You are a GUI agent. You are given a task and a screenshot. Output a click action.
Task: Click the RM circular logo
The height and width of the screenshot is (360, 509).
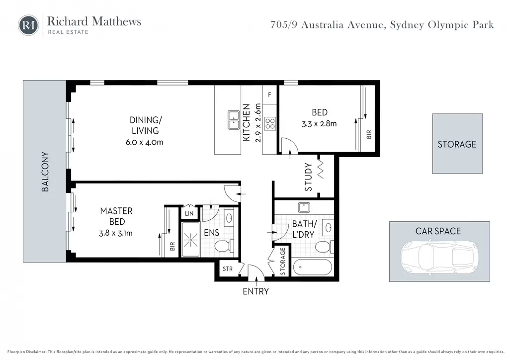pyautogui.click(x=28, y=25)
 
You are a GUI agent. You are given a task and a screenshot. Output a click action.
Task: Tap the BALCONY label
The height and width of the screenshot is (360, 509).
pyautogui.click(x=45, y=172)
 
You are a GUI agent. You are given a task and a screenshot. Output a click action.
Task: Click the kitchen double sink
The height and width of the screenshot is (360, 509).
pyautogui.click(x=234, y=120)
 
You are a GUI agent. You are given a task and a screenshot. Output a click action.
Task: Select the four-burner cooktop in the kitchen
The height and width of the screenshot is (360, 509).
pyautogui.click(x=270, y=124)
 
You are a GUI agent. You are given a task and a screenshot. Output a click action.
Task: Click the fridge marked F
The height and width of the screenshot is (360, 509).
pyautogui.click(x=269, y=95)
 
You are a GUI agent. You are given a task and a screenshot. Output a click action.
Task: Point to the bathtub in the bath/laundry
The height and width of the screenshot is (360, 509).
pyautogui.click(x=313, y=267)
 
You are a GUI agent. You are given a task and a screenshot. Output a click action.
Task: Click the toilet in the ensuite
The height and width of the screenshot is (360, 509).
pyautogui.click(x=224, y=246)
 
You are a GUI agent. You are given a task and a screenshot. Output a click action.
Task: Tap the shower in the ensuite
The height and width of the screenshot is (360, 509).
pyautogui.click(x=190, y=240)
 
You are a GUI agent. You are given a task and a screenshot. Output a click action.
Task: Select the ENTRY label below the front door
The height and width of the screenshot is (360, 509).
pyautogui.click(x=256, y=291)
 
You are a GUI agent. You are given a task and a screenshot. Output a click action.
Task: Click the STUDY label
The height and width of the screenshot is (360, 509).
pyautogui.click(x=308, y=177)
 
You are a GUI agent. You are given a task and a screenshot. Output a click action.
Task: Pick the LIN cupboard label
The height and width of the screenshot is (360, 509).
pyautogui.click(x=189, y=213)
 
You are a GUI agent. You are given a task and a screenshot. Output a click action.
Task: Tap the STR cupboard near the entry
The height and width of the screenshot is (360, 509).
pyautogui.click(x=228, y=269)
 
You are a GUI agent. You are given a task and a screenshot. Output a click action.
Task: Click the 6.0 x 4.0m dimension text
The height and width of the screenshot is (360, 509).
pyautogui.click(x=145, y=142)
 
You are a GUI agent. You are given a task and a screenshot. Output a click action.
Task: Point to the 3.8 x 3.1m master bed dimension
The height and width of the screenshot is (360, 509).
pyautogui.click(x=116, y=233)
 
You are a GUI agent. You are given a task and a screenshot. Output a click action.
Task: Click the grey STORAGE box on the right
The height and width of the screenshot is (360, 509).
pyautogui.click(x=457, y=144)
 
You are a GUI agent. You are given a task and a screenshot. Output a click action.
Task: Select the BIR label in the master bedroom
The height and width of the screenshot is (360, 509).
pyautogui.click(x=172, y=247)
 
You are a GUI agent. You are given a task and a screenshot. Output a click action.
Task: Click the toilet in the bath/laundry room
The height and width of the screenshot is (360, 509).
pyautogui.click(x=324, y=247)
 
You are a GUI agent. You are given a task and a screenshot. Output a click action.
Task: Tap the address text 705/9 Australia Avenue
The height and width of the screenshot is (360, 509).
pyautogui.click(x=327, y=25)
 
